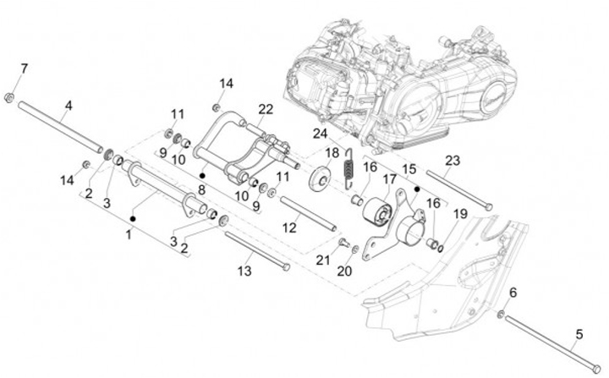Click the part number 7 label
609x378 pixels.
pos(24,69)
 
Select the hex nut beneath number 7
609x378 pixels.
pos(9,97)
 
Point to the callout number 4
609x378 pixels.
pos(69,105)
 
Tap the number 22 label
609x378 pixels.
pos(266,110)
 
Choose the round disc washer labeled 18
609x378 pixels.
pos(321,178)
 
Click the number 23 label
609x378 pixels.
pos(453,160)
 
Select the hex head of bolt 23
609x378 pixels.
pos(489,207)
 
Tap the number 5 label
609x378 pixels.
pos(579,334)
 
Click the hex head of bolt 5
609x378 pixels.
pos(595,368)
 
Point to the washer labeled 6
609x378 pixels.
pos(501,314)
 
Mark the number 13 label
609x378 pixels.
pos(244,271)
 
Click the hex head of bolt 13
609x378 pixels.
pos(286,267)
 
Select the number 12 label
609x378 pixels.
pos(289,227)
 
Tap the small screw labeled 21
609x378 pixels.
pos(343,243)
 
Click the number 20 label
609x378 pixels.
pos(344,271)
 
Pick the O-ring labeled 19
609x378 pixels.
pos(440,247)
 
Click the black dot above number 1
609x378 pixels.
pos(133,219)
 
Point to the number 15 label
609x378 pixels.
pos(409,169)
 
